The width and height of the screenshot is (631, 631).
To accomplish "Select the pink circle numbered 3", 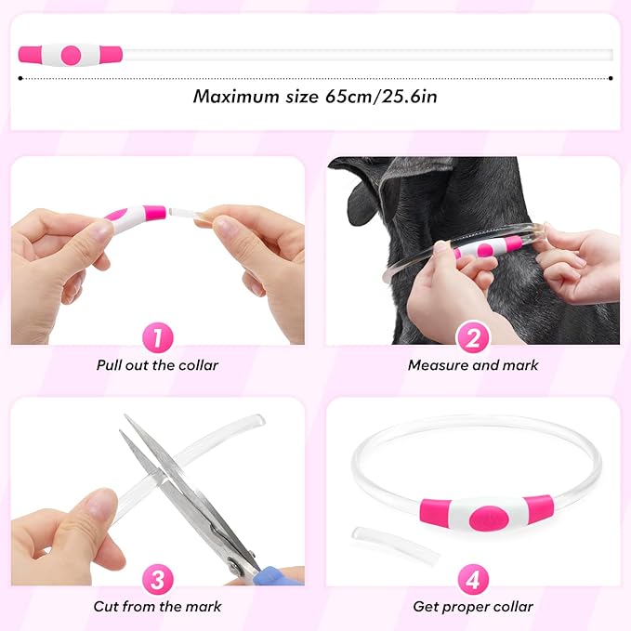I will (157, 581).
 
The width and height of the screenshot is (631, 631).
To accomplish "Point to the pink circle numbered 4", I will (472, 581).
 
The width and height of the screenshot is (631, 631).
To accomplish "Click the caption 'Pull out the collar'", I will (157, 365).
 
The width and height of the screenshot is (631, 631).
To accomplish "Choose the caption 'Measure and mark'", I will (472, 365).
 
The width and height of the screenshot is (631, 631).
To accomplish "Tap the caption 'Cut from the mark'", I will (157, 607).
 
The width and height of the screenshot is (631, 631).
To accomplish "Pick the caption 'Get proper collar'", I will (473, 607).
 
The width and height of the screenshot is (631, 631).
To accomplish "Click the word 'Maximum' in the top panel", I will (233, 96).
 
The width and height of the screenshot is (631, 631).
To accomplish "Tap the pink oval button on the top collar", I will (70, 55).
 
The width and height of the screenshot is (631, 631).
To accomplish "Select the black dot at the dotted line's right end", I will (611, 79).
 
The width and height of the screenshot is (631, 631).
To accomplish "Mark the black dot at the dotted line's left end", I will (20, 79).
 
